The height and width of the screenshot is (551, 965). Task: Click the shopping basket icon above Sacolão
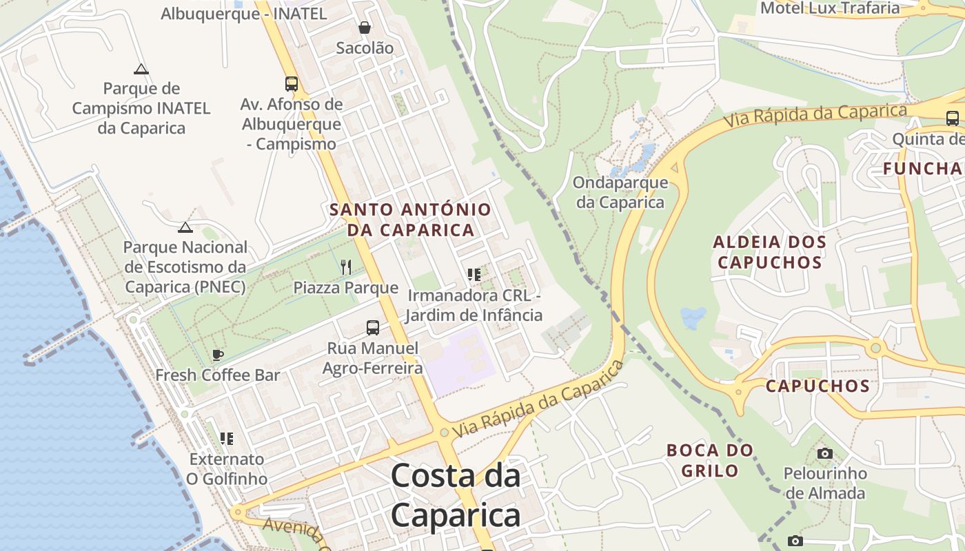364,28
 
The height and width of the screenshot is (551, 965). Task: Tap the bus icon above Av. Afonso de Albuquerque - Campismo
292,84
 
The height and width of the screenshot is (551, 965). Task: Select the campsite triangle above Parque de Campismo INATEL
141,69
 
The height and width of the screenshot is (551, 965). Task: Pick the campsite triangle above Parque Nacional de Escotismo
185,227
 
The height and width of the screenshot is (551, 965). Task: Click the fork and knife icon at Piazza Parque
346,267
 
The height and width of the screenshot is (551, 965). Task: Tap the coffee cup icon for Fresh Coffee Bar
218,355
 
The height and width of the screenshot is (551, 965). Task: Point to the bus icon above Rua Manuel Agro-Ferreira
373,328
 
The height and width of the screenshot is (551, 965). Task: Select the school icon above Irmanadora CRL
474,275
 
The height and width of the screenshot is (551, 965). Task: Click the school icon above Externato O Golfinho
227,438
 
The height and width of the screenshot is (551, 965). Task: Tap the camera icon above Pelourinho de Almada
824,453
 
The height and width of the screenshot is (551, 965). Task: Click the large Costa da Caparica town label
456,495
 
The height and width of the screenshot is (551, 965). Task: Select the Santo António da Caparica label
411,219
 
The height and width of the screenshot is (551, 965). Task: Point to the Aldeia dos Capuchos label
769,252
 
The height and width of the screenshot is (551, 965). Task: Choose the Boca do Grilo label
710,460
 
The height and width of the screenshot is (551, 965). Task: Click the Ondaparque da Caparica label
621,192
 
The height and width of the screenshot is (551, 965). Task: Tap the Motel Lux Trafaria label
830,8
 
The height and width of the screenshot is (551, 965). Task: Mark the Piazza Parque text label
346,288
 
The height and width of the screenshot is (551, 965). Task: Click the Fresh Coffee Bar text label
218,375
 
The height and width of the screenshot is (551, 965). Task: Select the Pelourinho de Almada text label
825,484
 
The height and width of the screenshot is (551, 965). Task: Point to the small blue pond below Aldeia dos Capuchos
693,318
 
